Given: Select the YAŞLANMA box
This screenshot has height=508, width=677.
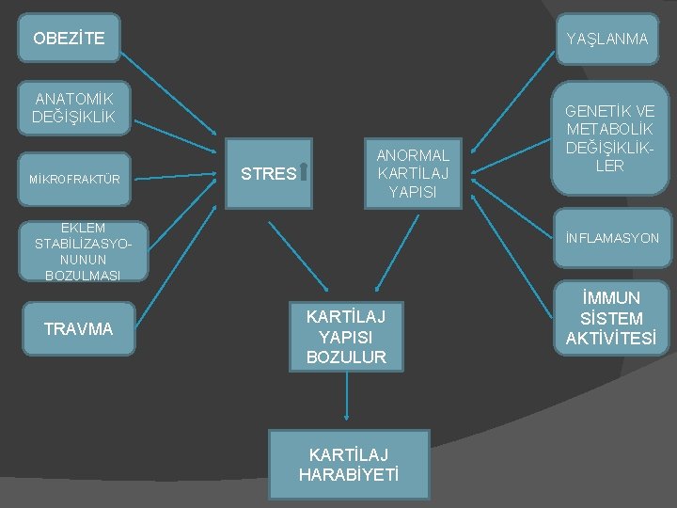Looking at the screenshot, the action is click(x=606, y=39).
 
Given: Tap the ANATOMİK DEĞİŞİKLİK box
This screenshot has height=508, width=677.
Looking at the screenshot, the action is click(x=72, y=107).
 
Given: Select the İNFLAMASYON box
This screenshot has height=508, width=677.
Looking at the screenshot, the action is click(x=612, y=238).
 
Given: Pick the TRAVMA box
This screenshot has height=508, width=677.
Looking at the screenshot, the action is click(x=78, y=328).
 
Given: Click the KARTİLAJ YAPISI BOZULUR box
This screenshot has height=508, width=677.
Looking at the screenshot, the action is click(x=346, y=336).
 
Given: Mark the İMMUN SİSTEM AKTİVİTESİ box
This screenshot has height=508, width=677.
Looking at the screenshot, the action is click(x=611, y=319).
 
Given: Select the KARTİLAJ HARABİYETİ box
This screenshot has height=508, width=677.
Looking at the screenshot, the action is click(x=348, y=465).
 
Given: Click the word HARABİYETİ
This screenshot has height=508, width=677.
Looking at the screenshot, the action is click(x=348, y=475).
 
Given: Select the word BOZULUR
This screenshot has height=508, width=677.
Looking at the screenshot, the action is click(x=346, y=357).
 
